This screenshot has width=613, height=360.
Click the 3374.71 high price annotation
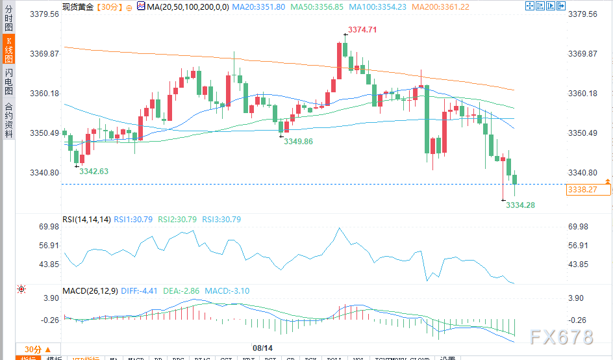click(x=362, y=30)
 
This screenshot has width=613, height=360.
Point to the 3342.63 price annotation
click(x=94, y=171)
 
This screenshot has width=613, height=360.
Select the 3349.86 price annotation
click(x=298, y=141)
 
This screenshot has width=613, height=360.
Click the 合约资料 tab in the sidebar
click(x=9, y=120)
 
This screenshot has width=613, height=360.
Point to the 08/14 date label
click(x=262, y=348)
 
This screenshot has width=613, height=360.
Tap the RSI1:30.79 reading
click(x=133, y=220)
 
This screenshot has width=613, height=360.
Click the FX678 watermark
click(x=561, y=337)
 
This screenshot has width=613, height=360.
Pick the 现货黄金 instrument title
click(x=81, y=7)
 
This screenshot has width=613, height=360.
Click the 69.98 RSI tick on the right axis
click(x=577, y=227)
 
